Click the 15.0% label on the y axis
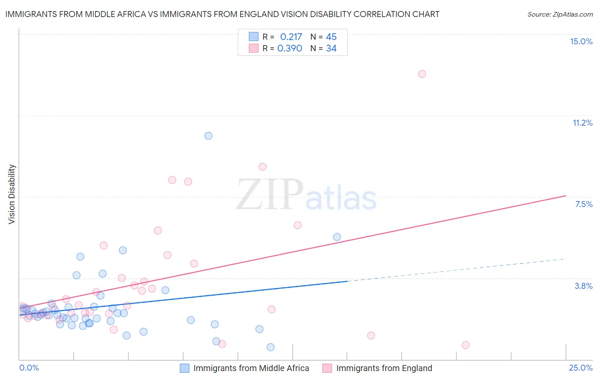[x=581, y=41]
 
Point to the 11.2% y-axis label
[x=582, y=123]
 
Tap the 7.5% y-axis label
[x=584, y=204]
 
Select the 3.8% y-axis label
[x=584, y=286]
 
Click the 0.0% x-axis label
[x=29, y=368]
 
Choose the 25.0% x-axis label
[x=581, y=368]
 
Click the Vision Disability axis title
[x=12, y=194]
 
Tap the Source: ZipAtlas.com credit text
[x=560, y=14]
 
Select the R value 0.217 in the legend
[x=291, y=37]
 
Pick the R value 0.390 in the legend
[x=290, y=48]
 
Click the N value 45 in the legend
[x=331, y=37]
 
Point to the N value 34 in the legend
[x=331, y=48]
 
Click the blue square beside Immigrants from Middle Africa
[x=185, y=368]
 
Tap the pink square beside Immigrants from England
[x=327, y=368]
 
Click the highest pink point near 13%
[x=422, y=74]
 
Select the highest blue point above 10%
[x=208, y=136]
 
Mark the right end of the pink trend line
[x=566, y=196]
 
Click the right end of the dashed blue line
[x=566, y=259]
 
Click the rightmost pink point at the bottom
[x=466, y=345]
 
